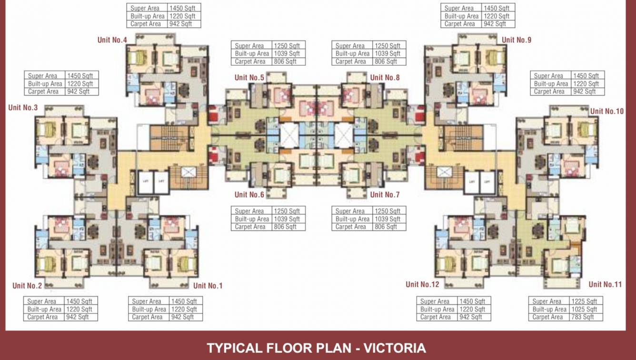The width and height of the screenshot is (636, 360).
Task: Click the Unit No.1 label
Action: pos(208,286)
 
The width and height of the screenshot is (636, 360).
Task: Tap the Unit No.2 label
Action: pos(27,286)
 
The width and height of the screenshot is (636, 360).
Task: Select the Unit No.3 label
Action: pos(23,108)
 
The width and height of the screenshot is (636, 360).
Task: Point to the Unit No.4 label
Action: pos(112,40)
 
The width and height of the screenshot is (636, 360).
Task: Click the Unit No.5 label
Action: pos(249,78)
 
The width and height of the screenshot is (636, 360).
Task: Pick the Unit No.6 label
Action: pos(249,195)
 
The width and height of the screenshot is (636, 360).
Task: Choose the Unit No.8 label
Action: pos(385,78)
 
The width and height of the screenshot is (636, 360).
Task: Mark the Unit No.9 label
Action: pos(517,40)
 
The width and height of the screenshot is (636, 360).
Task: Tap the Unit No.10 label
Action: pos(606,111)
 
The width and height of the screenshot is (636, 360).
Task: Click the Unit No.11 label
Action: pos(605,285)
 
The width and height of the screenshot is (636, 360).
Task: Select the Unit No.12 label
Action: pos(422,285)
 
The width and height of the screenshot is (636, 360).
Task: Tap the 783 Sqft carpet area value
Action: pos(582,317)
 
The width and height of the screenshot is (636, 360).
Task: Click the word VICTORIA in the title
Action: pos(395,348)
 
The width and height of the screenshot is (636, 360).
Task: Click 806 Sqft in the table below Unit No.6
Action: pos(285,227)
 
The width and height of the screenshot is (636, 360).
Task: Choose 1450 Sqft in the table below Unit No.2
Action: pos(79,301)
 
